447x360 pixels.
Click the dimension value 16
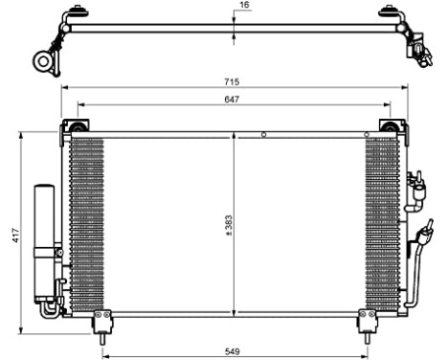point(244,6)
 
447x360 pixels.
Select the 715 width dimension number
point(233,80)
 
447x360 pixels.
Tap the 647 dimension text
point(233,99)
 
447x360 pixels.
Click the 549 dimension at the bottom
point(234,351)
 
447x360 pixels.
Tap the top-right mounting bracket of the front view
point(390,127)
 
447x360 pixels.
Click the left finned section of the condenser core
point(87,225)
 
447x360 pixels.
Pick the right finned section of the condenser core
point(380,225)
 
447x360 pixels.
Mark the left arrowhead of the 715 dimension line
point(65,87)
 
